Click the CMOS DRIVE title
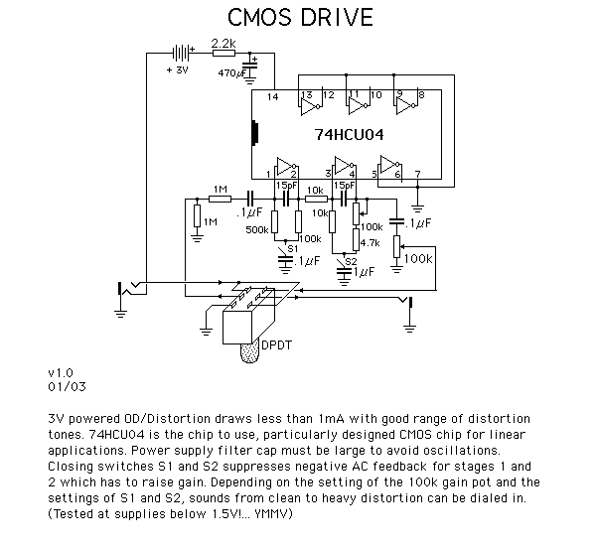pos(300,17)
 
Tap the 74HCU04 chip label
pos(349,134)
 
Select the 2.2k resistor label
pos(223,43)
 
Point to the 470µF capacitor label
pos(231,72)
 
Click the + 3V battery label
pos(177,70)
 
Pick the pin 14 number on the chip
pos(272,97)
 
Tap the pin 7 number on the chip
pos(418,174)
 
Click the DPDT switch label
pos(277,345)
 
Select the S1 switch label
pos(293,249)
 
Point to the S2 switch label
pos(352,262)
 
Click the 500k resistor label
pos(257,229)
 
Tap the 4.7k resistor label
pos(370,242)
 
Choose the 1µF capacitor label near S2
pos(364,272)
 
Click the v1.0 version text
pos(61,373)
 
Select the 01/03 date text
pos(67,387)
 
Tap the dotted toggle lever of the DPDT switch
pos(250,351)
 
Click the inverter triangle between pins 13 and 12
pos(309,106)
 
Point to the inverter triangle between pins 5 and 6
pos(389,164)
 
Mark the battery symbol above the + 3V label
pos(182,54)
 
